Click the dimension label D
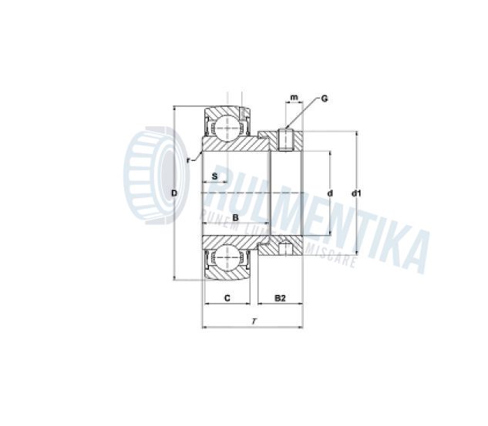174,193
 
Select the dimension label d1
357,193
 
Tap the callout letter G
325,99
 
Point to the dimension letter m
294,99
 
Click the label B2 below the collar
281,297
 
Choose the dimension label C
227,297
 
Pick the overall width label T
254,320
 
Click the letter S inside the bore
215,176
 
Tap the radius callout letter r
188,160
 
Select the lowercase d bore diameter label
330,193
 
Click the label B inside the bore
235,218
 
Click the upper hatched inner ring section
239,145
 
